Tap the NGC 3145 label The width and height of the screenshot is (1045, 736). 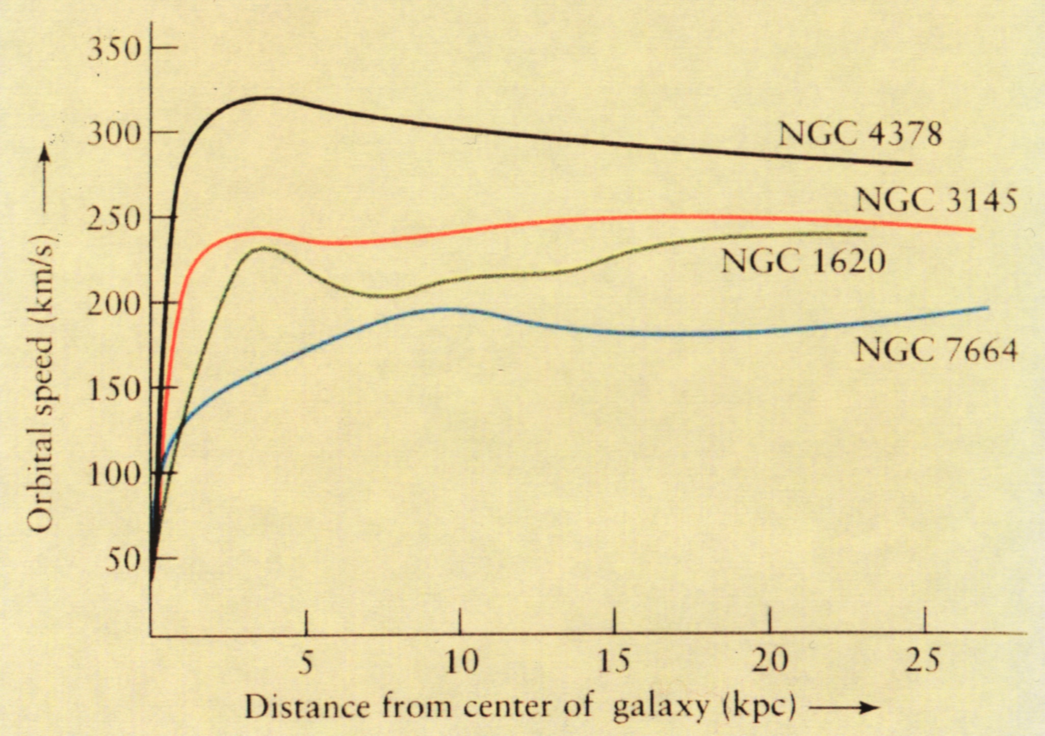tap(936, 199)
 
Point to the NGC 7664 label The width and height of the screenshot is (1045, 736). tap(936, 350)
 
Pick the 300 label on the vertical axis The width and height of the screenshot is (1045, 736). tap(114, 135)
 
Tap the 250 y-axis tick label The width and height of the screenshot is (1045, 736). tap(114, 220)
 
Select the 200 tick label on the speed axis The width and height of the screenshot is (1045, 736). tap(114, 305)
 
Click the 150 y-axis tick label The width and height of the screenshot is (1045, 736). tap(114, 390)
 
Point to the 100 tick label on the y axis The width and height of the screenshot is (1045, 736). tap(114, 475)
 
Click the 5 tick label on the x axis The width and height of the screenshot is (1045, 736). tap(305, 662)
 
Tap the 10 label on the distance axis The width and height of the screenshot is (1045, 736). tap(461, 662)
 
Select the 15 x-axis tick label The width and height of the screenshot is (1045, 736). tap(615, 662)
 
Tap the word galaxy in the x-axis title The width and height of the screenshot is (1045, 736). tap(661, 708)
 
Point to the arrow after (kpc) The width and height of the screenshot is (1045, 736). tap(844, 707)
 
